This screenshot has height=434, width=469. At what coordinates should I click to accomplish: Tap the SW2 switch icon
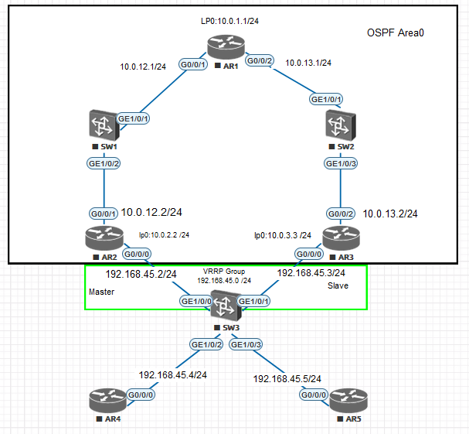coord(340,125)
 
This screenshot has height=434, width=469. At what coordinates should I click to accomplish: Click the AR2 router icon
coord(103,237)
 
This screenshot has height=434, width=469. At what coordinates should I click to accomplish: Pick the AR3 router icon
coord(340,237)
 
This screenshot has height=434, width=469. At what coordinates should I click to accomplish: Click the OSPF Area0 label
coord(396,33)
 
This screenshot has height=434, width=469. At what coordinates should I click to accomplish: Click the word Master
coord(102,292)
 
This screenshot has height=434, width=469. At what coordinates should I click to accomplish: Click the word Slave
coord(338,285)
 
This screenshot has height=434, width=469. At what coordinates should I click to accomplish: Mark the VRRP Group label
coord(225,272)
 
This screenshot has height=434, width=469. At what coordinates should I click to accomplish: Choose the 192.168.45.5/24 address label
coord(287,378)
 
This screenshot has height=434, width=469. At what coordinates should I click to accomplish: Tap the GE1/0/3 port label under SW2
coord(341,164)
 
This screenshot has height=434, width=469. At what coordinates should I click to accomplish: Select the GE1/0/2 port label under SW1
coord(104,164)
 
